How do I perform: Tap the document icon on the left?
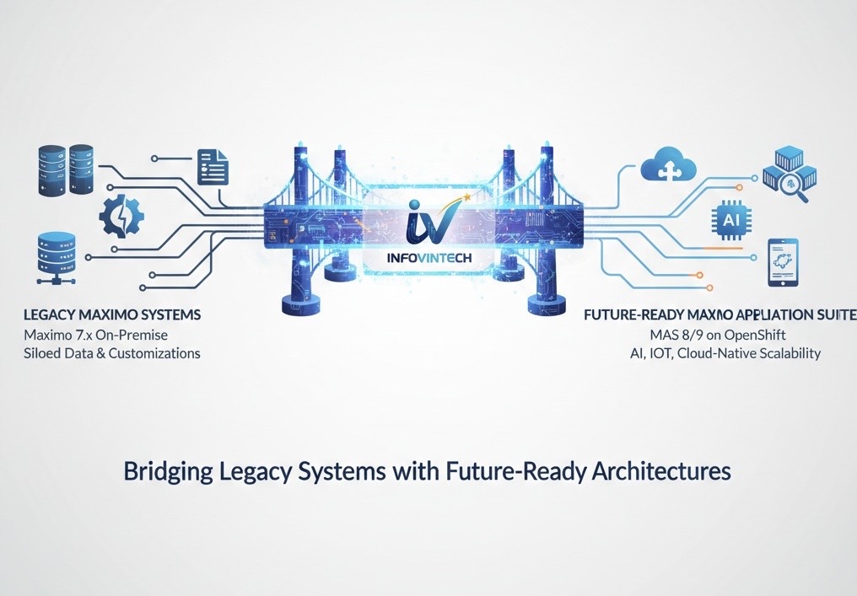213,166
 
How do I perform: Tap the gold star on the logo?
465,199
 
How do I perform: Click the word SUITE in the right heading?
834,315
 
